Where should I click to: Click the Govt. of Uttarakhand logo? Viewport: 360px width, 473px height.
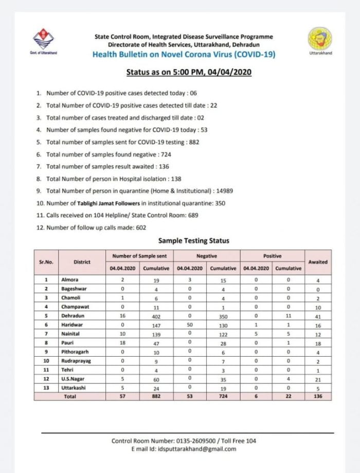[x=43, y=41]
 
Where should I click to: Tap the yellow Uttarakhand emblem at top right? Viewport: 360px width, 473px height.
[x=319, y=40]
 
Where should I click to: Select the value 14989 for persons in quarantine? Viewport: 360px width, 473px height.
[x=224, y=190]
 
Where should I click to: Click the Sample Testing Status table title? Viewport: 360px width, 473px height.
[x=193, y=240]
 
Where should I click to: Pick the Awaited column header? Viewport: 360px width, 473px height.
[x=317, y=261]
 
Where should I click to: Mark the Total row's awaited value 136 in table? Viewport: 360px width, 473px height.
[x=317, y=396]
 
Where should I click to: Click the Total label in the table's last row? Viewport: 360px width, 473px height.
[x=70, y=396]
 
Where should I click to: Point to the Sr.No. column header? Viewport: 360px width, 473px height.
[x=46, y=261]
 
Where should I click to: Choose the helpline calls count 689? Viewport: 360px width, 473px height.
[x=190, y=216]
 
